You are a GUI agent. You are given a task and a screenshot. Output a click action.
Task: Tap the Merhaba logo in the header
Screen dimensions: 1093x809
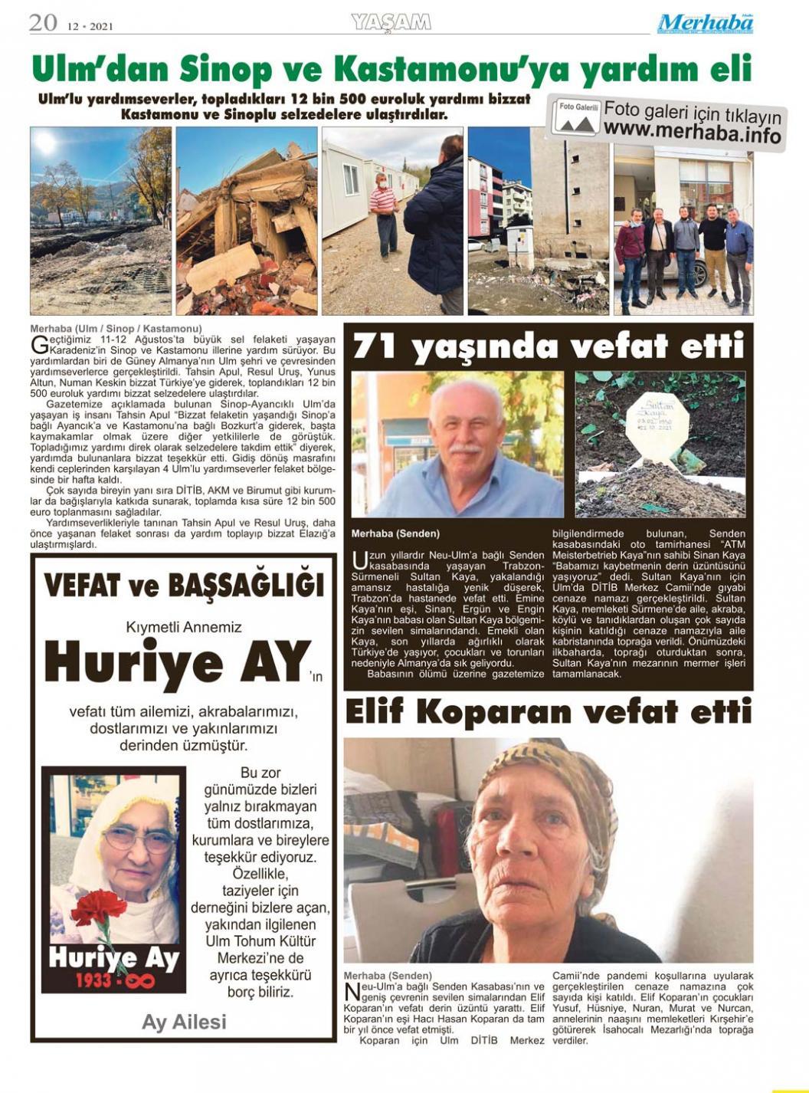click(705, 24)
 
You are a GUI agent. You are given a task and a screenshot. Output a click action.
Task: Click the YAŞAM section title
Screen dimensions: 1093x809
click(391, 22)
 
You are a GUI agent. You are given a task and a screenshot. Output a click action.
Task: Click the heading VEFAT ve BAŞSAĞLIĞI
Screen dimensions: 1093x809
click(184, 586)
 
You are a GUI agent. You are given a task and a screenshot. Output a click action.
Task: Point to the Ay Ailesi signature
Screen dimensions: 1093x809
click(184, 1022)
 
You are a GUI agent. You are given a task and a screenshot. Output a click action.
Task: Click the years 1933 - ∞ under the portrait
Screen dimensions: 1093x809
click(114, 981)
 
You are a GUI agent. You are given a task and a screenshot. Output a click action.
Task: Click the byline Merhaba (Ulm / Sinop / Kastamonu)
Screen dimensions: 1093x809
click(116, 329)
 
